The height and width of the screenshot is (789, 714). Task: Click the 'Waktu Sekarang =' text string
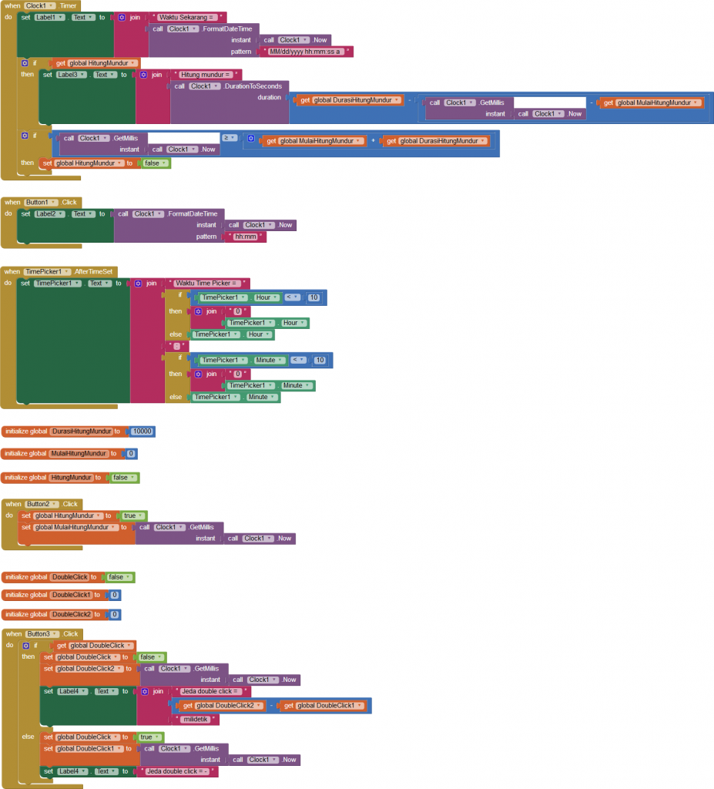[x=189, y=17]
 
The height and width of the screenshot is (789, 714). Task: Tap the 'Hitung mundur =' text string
[x=206, y=75]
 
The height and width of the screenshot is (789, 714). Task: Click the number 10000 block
[x=142, y=431]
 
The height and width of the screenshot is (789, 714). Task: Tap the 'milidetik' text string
[x=198, y=719]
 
